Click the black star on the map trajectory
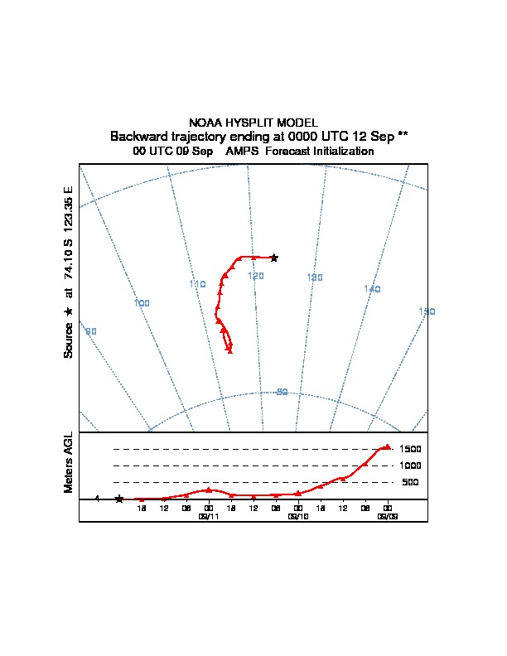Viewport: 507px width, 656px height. (274, 258)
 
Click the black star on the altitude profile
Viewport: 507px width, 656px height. (119, 499)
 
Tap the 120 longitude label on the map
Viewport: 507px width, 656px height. (255, 275)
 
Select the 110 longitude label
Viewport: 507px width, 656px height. (197, 284)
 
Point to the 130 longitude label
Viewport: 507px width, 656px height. (314, 277)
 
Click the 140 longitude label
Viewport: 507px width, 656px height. (372, 289)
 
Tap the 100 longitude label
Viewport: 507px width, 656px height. (142, 303)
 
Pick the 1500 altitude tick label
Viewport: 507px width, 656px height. (411, 448)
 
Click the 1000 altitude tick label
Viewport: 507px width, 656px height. (411, 465)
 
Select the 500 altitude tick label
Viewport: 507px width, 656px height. (410, 482)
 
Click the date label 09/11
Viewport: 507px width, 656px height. (208, 516)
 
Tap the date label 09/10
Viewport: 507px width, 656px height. (297, 516)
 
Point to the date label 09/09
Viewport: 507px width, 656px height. (387, 516)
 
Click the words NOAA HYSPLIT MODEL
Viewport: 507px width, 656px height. (254, 123)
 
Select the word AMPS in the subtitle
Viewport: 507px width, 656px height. (243, 152)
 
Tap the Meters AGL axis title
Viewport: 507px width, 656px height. (69, 463)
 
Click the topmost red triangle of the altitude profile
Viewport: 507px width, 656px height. (387, 446)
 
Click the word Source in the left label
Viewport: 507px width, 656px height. (69, 340)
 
